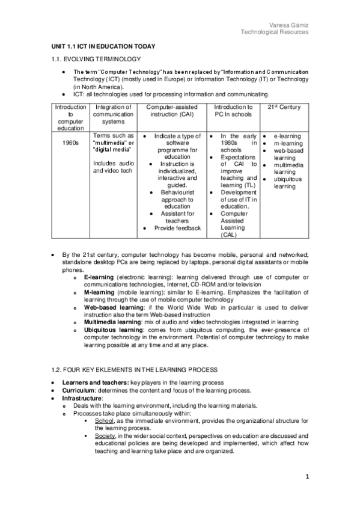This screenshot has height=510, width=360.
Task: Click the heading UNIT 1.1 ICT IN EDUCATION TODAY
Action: pyautogui.click(x=103, y=46)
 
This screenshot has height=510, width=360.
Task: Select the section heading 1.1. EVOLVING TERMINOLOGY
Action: pyautogui.click(x=95, y=59)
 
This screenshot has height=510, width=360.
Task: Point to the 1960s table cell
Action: pyautogui.click(x=62, y=143)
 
